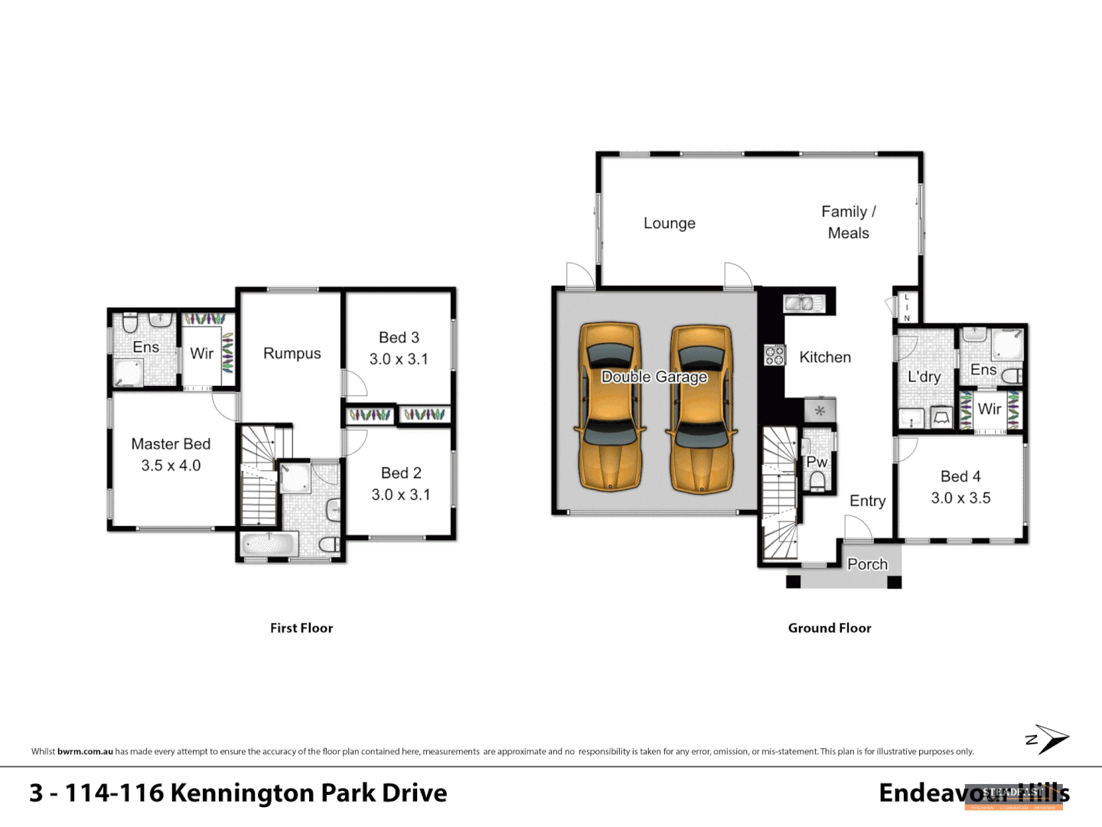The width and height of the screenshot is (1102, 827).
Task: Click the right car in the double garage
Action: pos(702,407)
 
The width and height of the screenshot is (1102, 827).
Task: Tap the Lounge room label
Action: pos(669,223)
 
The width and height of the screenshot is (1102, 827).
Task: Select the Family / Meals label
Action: pos(848,222)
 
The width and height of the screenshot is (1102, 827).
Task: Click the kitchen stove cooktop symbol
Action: pos(774,355)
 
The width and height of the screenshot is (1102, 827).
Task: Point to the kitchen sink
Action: pos(802,303)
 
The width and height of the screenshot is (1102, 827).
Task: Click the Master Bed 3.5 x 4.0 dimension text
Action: pos(171,466)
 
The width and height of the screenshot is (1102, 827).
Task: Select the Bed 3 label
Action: pos(399,337)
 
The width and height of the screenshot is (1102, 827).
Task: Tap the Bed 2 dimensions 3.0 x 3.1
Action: pos(400,495)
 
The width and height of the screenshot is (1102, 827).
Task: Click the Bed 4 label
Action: pos(960,476)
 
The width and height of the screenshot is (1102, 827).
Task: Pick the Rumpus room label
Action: pos(292,353)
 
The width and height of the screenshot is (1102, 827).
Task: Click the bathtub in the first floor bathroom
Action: pos(269,545)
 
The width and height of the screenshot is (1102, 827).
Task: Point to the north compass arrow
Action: pos(1050,739)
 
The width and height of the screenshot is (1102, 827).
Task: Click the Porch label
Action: pos(867,564)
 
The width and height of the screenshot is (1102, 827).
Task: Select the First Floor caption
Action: pos(302,628)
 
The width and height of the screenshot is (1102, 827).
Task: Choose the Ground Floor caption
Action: pos(830,628)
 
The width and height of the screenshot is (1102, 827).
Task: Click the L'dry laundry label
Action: pos(924,377)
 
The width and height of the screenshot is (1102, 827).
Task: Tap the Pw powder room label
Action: pos(817,462)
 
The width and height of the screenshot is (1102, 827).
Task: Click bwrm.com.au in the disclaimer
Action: pos(85,751)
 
